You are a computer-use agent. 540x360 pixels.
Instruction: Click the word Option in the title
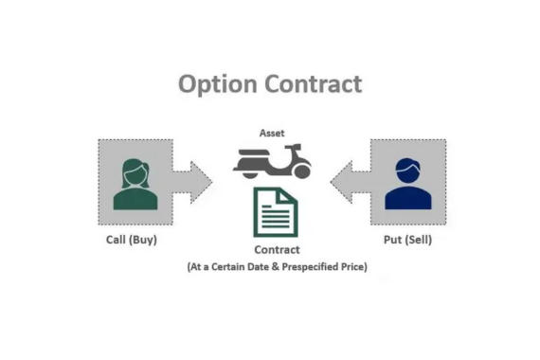218,84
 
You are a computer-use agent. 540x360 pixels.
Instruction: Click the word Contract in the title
314,83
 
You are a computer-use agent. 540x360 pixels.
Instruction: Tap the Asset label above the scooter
272,133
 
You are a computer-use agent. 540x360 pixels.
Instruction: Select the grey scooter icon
272,161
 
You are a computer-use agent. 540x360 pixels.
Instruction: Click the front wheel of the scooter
301,171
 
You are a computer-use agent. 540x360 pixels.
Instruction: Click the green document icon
276,212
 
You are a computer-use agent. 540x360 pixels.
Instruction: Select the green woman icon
135,184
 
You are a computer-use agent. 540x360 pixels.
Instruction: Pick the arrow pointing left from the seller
351,182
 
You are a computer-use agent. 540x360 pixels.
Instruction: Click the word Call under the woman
116,240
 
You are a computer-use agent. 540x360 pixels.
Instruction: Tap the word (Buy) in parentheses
143,240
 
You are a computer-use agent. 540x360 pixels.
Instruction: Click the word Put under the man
392,240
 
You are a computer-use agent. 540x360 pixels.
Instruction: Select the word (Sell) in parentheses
418,240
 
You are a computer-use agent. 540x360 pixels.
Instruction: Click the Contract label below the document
278,250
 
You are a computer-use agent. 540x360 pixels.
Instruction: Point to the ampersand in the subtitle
276,266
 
